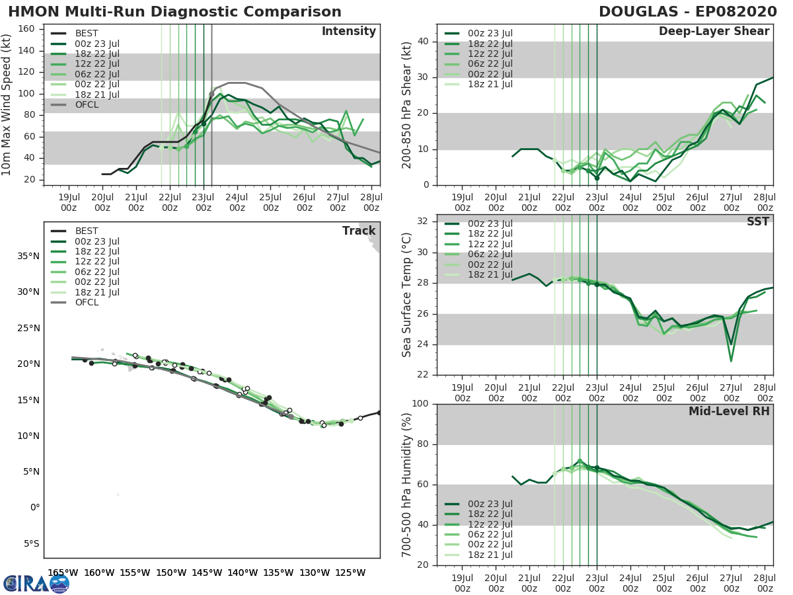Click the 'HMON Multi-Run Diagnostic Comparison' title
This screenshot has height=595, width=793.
[174, 12]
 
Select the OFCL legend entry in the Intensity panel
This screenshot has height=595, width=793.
[87, 104]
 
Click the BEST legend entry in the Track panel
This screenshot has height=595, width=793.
[87, 231]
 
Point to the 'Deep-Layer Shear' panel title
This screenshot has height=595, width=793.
[714, 32]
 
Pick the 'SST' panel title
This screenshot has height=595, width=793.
[757, 221]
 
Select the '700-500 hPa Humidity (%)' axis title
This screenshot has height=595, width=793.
[407, 484]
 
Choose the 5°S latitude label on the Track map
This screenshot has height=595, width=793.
[31, 543]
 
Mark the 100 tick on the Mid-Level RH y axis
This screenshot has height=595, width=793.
[421, 404]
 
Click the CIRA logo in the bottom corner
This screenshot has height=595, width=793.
[36, 583]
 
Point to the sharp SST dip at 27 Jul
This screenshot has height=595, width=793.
[731, 359]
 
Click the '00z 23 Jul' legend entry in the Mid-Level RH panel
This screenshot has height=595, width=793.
[489, 504]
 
